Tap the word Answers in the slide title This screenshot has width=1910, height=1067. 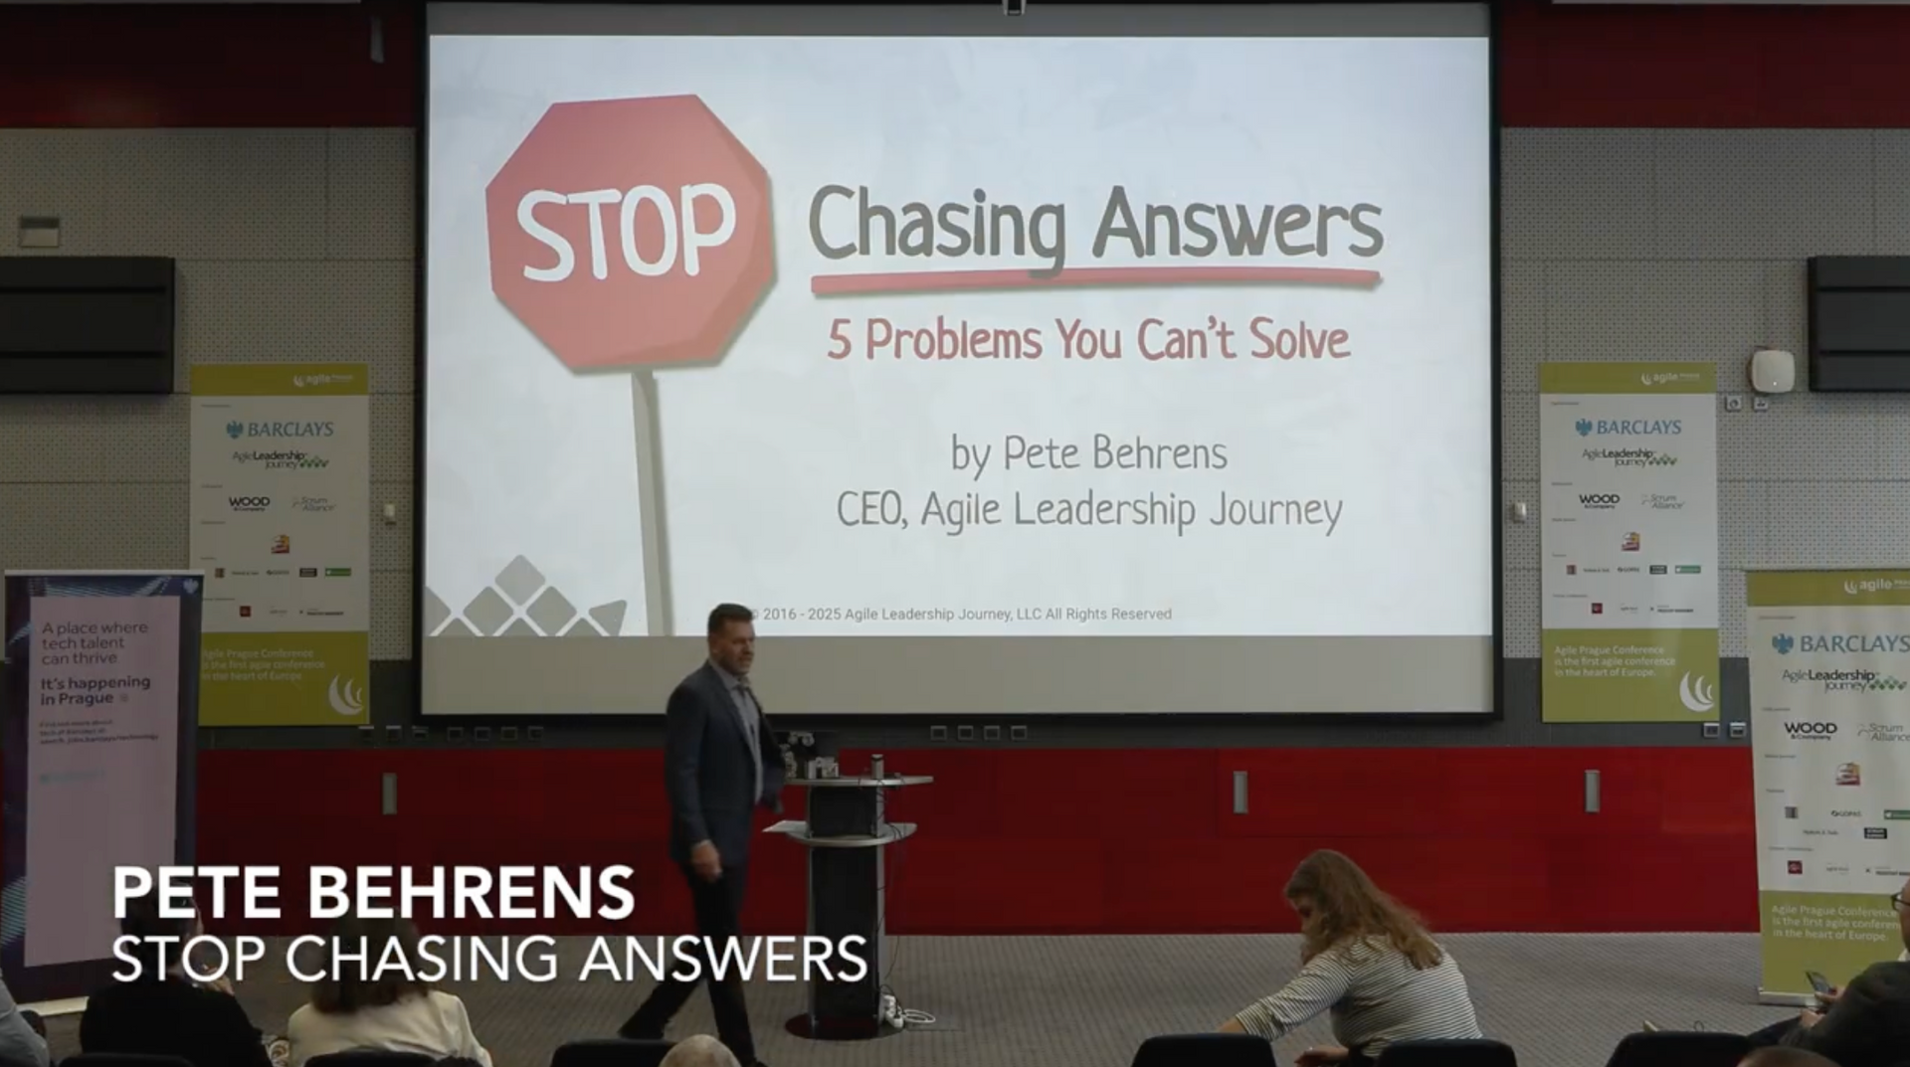point(1238,224)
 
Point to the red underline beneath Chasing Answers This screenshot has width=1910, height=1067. point(1094,281)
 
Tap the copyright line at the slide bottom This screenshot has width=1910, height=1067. point(960,615)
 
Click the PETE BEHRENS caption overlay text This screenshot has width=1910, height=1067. point(373,892)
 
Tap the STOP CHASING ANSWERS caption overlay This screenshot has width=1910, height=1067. point(488,959)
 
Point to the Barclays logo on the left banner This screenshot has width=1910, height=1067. point(281,430)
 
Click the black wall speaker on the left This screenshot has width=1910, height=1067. point(87,323)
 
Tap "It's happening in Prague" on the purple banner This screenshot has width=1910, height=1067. point(95,690)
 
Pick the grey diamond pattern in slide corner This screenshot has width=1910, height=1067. point(517,599)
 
